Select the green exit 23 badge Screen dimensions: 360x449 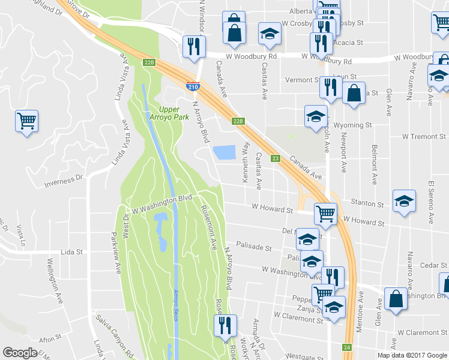point(276,158)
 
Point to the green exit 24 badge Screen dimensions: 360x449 point(347,347)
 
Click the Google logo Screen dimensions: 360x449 point(20,353)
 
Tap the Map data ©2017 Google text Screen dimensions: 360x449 point(412,355)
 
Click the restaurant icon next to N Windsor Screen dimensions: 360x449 point(194,47)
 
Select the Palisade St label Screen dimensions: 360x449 point(254,247)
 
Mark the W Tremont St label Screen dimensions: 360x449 point(423,136)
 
